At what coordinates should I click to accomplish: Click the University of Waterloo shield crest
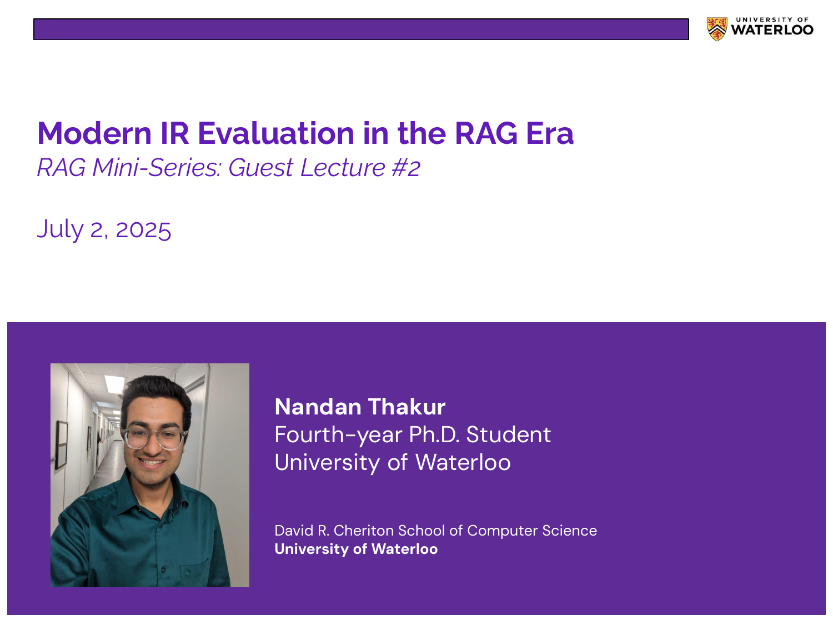716,29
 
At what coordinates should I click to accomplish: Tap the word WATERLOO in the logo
772,30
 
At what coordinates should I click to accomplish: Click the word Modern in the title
94,133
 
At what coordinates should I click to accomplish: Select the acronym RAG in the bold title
486,133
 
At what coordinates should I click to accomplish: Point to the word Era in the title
550,133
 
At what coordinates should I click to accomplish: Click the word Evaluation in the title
276,133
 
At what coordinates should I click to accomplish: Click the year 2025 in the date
143,229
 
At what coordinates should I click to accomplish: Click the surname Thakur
407,407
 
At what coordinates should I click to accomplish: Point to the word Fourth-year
338,435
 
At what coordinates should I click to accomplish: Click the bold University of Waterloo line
356,549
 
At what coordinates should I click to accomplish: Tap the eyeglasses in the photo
154,438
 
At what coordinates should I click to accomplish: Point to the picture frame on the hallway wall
61,444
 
